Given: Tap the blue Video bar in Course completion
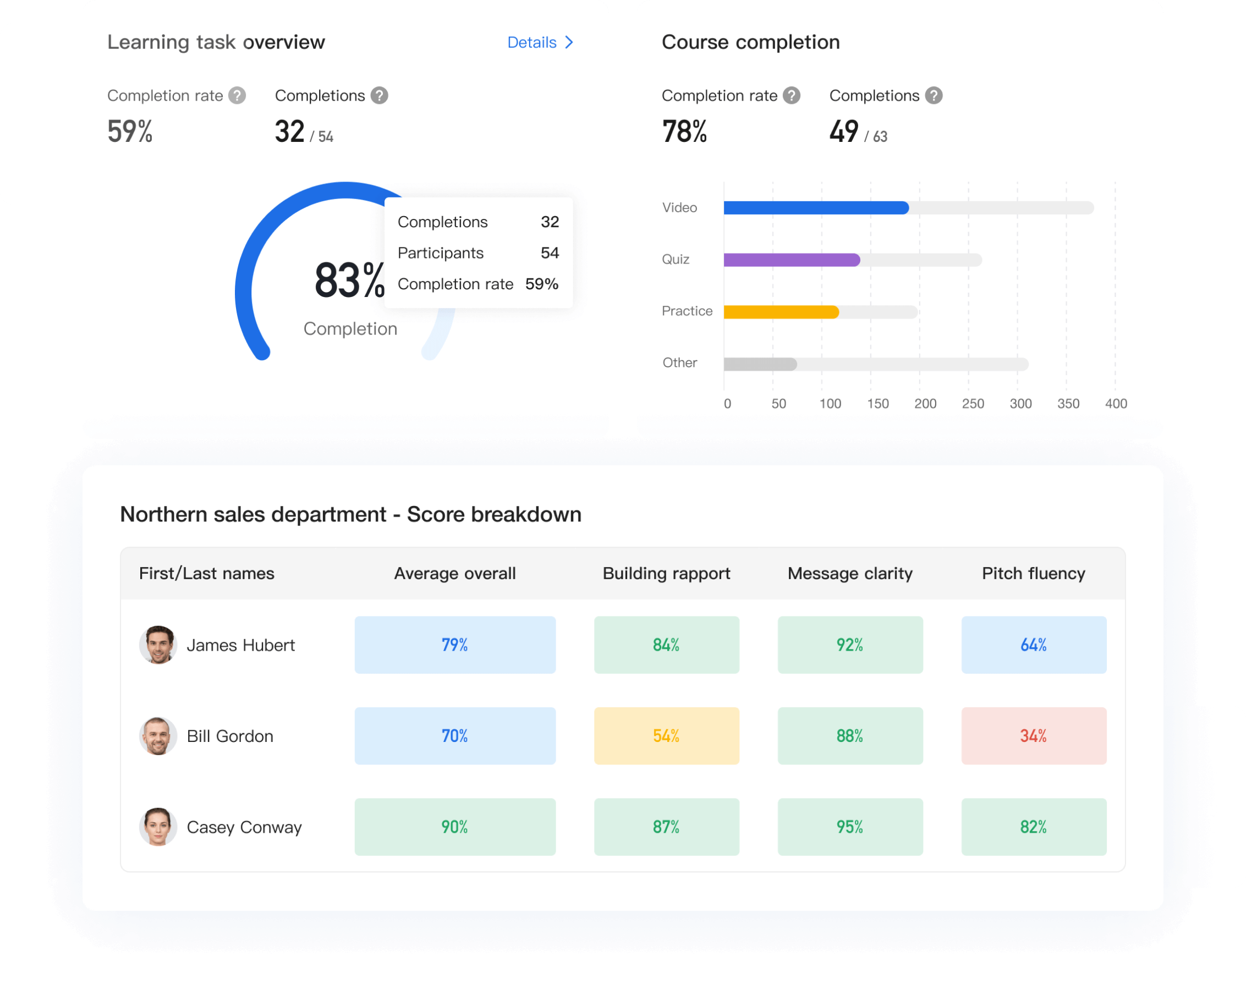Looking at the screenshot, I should pyautogui.click(x=815, y=207).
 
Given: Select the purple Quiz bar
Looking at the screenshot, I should pyautogui.click(x=791, y=260).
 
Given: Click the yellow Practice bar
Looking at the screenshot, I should pyautogui.click(x=780, y=311).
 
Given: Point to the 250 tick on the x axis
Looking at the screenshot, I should pyautogui.click(x=973, y=403).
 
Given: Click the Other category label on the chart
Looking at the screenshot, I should pyautogui.click(x=679, y=362).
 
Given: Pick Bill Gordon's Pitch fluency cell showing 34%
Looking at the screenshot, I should pyautogui.click(x=1033, y=736).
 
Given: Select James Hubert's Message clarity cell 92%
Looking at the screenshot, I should pyautogui.click(x=849, y=645).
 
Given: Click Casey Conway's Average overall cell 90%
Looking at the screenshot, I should pyautogui.click(x=455, y=827).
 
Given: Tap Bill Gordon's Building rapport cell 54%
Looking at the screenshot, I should pyautogui.click(x=666, y=736).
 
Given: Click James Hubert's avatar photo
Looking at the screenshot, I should pyautogui.click(x=158, y=645).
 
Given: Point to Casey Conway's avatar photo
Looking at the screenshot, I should pyautogui.click(x=158, y=827).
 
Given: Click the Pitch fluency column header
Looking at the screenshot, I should pyautogui.click(x=1033, y=573).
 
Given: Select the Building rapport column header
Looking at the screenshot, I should pyautogui.click(x=666, y=573).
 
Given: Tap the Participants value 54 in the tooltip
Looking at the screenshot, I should pyautogui.click(x=550, y=252).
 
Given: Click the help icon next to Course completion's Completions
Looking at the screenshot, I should pyautogui.click(x=934, y=95).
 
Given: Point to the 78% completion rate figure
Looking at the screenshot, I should pyautogui.click(x=684, y=131).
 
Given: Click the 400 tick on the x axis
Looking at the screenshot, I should pyautogui.click(x=1116, y=403).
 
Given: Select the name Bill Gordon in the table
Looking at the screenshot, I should pyautogui.click(x=230, y=736).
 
